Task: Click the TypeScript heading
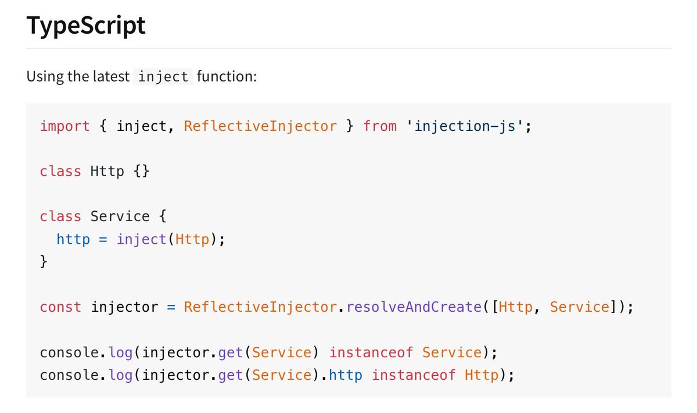pos(86,26)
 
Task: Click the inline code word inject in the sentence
pos(163,76)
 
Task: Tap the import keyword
pos(65,126)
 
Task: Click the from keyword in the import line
pos(380,126)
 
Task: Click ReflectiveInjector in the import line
pos(260,126)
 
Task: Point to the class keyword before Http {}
pos(60,171)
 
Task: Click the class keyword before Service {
pos(60,216)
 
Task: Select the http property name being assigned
pos(73,239)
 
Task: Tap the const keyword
pos(60,307)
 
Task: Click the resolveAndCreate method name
pos(414,307)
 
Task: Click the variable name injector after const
pos(124,307)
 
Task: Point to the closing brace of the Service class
pos(44,261)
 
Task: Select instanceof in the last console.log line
pos(414,375)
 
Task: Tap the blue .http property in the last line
pos(346,375)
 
